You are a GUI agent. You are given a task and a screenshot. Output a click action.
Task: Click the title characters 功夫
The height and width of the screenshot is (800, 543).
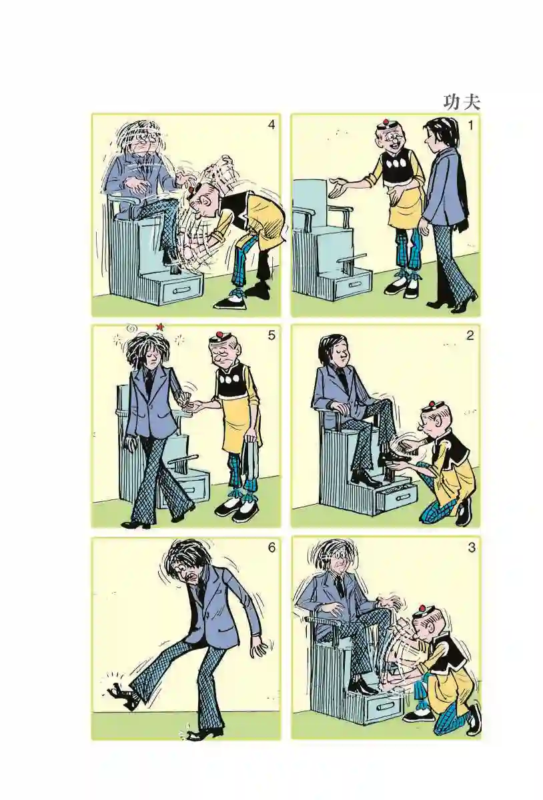(x=462, y=102)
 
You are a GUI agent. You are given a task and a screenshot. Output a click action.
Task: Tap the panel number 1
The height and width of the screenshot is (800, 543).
(x=471, y=126)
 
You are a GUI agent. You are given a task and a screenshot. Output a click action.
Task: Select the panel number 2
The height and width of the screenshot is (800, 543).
(x=470, y=336)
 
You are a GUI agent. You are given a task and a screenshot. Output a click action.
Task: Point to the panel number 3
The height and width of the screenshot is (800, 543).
(x=472, y=548)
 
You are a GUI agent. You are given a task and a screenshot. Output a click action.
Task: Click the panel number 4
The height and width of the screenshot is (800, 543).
(x=271, y=125)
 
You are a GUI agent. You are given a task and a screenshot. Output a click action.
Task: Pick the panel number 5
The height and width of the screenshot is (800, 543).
(x=271, y=336)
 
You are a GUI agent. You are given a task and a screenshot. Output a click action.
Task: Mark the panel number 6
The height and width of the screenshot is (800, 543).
(x=271, y=548)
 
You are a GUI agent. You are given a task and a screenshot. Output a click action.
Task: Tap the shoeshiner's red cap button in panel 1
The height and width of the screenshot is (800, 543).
(x=385, y=123)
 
